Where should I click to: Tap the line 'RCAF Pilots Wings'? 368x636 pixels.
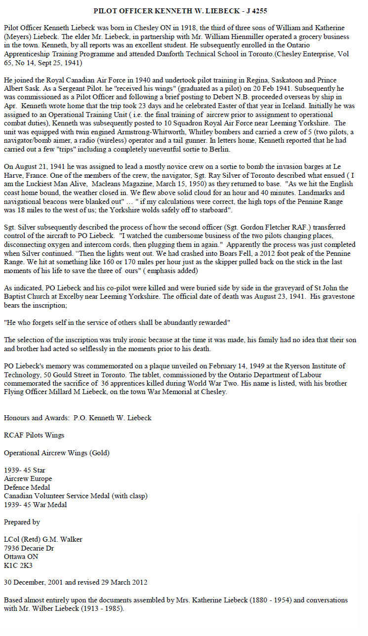[34, 435]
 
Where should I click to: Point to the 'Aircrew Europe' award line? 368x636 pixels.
[28, 478]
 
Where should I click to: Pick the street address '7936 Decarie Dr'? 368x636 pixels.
[29, 549]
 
